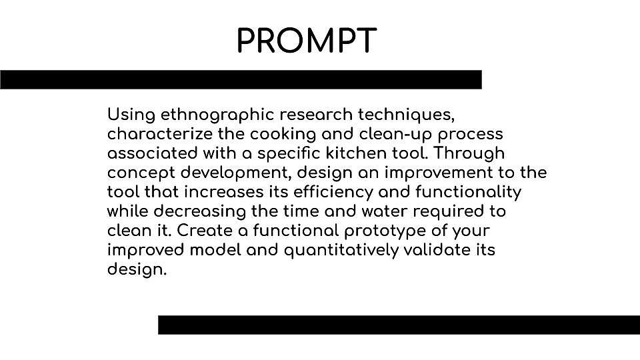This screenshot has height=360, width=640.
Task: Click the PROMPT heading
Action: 307,41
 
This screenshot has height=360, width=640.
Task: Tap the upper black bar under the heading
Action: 241,79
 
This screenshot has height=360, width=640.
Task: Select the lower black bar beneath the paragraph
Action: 399,325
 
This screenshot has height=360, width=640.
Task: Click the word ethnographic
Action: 217,115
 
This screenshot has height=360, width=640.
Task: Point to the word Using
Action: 131,115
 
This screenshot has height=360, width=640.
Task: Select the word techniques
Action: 406,115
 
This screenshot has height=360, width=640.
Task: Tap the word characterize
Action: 160,134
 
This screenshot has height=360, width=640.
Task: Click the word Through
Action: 469,154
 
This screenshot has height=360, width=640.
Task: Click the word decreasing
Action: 199,212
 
